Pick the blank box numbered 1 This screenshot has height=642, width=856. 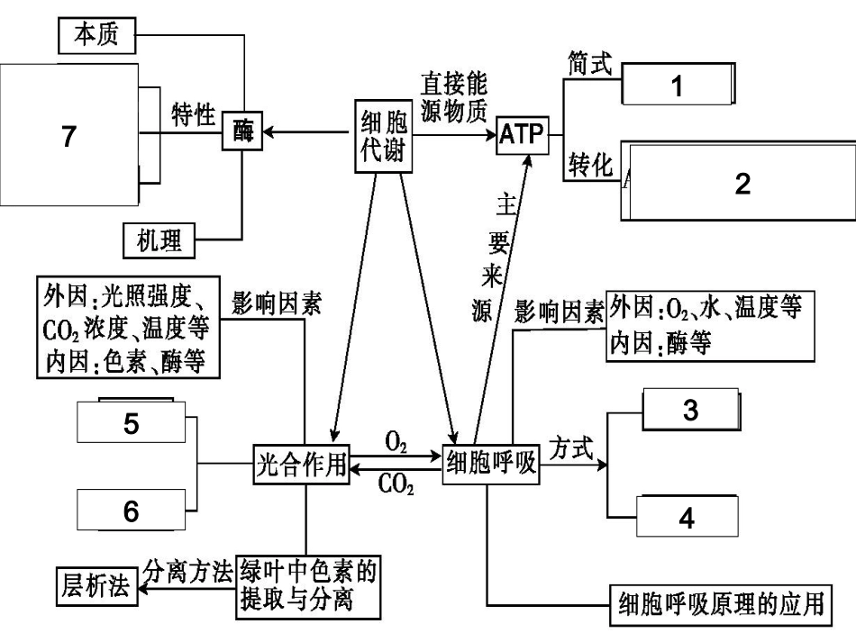tap(677, 86)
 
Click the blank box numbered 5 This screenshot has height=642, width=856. tap(132, 423)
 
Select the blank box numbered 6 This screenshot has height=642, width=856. tap(132, 511)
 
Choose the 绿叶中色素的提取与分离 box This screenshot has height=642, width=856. tap(305, 585)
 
